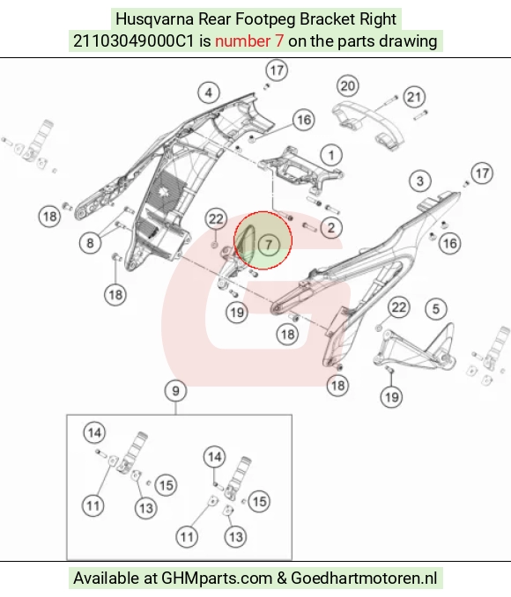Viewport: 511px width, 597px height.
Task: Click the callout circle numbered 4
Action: click(209, 92)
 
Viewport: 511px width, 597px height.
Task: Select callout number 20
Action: click(347, 86)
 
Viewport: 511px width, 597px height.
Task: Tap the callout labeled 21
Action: click(414, 97)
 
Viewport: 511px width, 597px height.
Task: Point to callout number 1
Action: click(331, 155)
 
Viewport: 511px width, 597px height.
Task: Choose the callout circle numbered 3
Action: click(420, 181)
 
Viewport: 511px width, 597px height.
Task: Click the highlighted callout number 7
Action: click(269, 245)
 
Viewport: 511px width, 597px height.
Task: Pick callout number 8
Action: click(90, 242)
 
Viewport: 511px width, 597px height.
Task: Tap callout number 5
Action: click(436, 309)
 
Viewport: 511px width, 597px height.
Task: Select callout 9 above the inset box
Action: click(175, 391)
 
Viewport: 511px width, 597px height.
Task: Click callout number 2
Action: click(331, 228)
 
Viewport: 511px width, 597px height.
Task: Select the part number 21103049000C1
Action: click(134, 41)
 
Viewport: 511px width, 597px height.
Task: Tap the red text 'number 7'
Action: click(249, 41)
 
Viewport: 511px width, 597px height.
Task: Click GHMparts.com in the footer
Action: click(217, 578)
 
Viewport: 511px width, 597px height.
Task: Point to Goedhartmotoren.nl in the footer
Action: click(364, 578)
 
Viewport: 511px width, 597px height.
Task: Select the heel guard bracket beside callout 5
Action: click(414, 348)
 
